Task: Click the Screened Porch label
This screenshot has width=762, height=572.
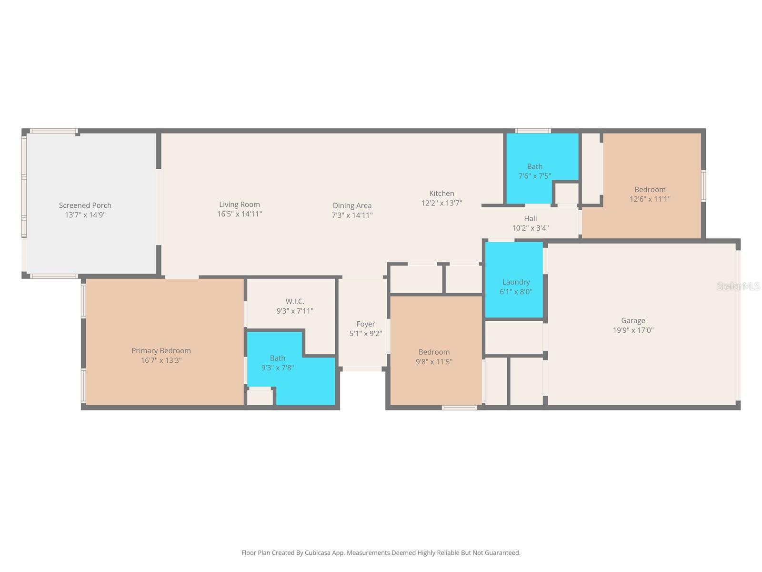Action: (85, 205)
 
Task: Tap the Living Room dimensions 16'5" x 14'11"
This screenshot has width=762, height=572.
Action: (240, 214)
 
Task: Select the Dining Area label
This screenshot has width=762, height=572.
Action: (352, 206)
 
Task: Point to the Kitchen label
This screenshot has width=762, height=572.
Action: (441, 194)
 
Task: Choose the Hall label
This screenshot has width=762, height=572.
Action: (530, 219)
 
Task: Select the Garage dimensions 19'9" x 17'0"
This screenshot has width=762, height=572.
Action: (633, 330)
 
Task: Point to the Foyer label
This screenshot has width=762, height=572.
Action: (365, 324)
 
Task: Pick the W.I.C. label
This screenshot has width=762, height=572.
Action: (295, 302)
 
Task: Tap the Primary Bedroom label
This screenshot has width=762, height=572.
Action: (161, 351)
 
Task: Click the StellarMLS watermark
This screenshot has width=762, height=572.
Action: (738, 286)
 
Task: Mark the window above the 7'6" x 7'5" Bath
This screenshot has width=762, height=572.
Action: (533, 131)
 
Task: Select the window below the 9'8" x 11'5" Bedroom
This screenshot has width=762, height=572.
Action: (459, 408)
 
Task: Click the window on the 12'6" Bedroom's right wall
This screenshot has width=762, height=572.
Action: (703, 186)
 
